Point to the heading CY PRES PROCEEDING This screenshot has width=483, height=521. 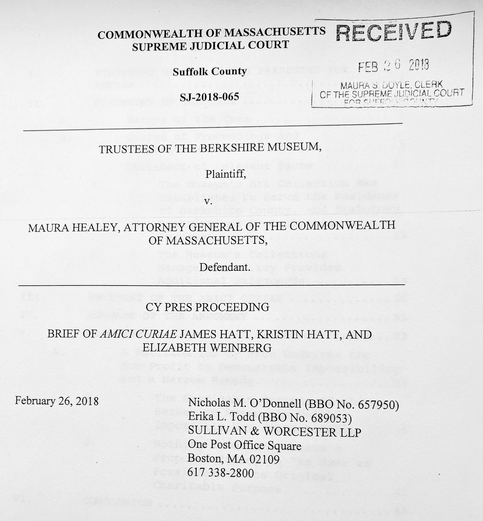(207, 307)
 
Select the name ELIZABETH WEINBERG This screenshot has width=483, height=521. (207, 348)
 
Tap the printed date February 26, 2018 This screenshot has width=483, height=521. (57, 401)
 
